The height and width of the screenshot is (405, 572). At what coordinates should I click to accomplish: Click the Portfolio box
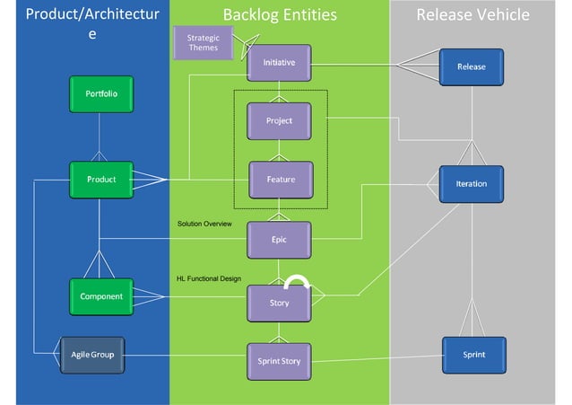[x=100, y=94]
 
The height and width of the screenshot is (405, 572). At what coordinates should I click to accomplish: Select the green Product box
[x=100, y=180]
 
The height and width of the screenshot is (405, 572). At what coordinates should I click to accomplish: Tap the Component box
[x=100, y=295]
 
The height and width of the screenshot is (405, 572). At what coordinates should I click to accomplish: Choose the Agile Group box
[x=92, y=355]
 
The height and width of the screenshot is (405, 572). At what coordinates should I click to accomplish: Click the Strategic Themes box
[x=203, y=43]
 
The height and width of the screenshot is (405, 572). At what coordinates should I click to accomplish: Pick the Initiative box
[x=279, y=63]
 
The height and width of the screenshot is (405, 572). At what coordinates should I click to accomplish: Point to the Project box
[x=279, y=121]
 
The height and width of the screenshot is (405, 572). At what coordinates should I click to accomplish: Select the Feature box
[x=281, y=180]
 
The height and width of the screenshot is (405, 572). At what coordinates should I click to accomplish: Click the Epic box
[x=279, y=240]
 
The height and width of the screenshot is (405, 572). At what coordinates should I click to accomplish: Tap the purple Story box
[x=279, y=303]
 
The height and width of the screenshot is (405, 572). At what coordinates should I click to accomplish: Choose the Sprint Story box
[x=279, y=361]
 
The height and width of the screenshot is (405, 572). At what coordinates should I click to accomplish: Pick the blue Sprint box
[x=473, y=355]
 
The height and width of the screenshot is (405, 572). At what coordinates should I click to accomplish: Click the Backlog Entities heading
[x=280, y=14]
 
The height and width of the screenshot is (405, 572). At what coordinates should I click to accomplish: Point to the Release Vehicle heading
[x=472, y=14]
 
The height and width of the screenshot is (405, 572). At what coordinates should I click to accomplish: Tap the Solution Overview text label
[x=204, y=223]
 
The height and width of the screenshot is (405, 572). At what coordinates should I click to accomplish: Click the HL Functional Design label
[x=209, y=278]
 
